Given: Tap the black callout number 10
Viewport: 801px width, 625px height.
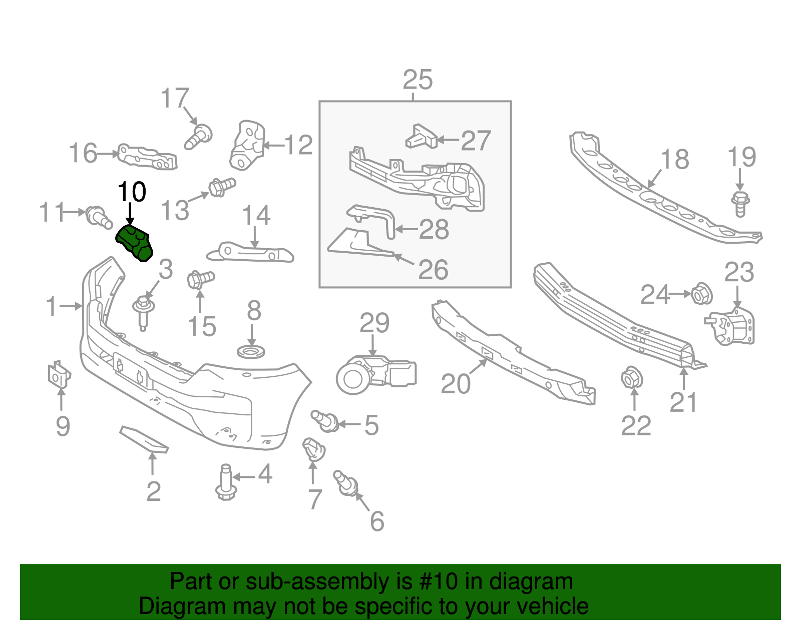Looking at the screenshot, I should pos(132,192).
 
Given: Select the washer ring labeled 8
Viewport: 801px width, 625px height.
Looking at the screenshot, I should pos(251,352).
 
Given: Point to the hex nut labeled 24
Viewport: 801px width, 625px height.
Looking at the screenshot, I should pos(701,294).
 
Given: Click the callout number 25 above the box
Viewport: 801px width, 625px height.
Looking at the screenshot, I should pos(418,80).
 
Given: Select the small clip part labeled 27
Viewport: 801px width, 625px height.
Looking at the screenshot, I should pos(421,137).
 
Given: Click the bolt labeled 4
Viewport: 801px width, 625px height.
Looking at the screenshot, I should pos(225,481).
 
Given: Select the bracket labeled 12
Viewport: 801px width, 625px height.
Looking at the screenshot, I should pos(247,146).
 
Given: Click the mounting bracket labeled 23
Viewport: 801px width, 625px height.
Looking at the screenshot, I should pos(731,326).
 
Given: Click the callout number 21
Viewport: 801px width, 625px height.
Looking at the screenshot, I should pos(683,402).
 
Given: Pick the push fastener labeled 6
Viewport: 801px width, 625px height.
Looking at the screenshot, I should pos(346,484).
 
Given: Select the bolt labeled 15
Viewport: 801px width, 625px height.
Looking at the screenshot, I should pos(200,279).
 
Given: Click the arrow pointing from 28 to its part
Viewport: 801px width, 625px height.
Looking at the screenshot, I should pos(407,230).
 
